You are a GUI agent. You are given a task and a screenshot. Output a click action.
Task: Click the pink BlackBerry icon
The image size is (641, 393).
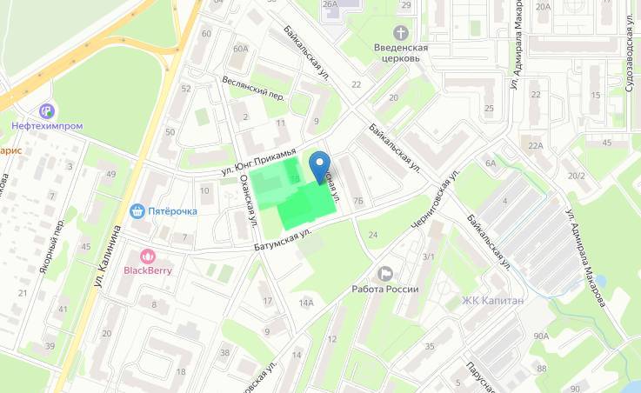tap(148, 256)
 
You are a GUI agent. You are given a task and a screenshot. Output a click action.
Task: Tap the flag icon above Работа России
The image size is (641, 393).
tap(386, 274)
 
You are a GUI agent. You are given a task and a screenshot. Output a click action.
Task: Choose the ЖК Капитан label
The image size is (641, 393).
tap(492, 302)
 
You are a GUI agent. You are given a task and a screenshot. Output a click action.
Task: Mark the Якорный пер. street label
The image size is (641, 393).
tap(52, 246)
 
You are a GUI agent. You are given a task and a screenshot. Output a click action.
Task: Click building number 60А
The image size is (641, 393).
tap(240, 50)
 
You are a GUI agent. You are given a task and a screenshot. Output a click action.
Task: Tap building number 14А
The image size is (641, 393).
tap(305, 303)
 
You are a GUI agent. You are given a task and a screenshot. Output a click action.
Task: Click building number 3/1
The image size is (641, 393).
tap(427, 257)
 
